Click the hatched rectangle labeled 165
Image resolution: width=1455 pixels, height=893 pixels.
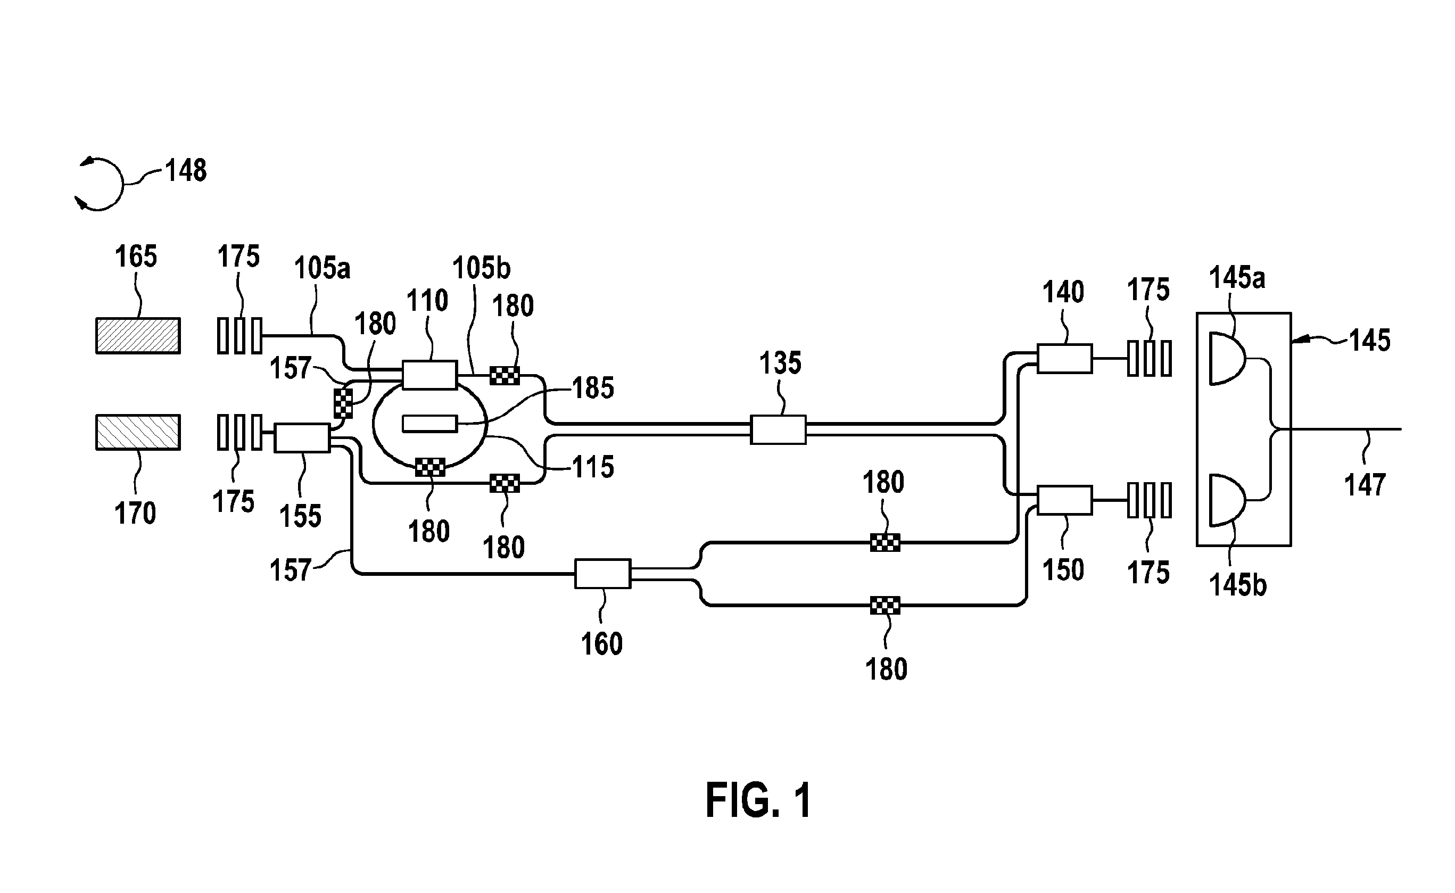click(x=138, y=335)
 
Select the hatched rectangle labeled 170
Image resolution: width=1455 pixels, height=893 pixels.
click(x=138, y=432)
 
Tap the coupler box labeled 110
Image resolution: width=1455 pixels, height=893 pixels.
click(x=429, y=375)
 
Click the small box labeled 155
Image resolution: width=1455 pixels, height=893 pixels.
click(x=302, y=438)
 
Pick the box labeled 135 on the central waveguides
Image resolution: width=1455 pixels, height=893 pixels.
click(x=778, y=430)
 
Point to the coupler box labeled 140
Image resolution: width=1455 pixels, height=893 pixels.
click(x=1065, y=359)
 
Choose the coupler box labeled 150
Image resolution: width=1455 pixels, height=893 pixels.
click(x=1065, y=500)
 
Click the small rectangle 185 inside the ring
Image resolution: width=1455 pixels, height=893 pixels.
click(x=430, y=424)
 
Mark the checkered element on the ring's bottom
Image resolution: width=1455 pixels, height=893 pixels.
click(x=430, y=468)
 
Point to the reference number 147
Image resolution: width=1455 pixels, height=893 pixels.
click(x=1365, y=485)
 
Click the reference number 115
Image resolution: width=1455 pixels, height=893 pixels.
click(x=593, y=467)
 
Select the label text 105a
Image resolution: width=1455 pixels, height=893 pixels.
click(x=322, y=268)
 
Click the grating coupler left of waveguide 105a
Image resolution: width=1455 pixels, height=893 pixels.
click(x=239, y=335)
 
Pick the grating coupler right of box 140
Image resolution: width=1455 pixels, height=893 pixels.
click(x=1149, y=359)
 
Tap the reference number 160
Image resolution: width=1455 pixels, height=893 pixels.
click(x=602, y=644)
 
